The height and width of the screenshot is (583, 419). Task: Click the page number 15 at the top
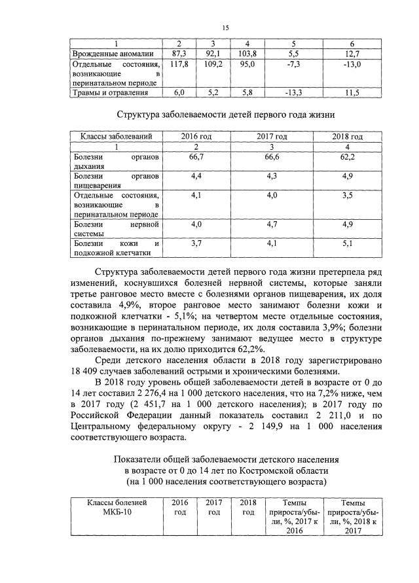point(225,27)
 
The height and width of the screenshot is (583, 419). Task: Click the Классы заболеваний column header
point(117,137)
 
